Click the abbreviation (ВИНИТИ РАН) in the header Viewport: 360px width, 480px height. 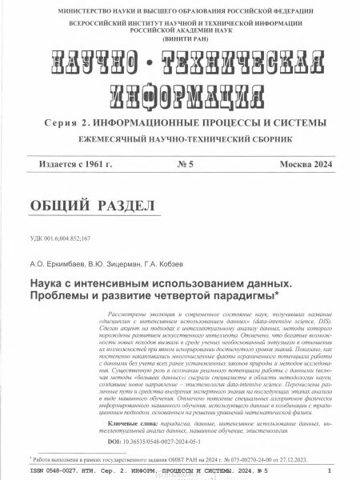pos(181,38)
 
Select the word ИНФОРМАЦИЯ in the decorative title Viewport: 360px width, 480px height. pos(180,94)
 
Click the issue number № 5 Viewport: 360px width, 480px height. pos(183,164)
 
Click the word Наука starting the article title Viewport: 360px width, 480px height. pos(48,284)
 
